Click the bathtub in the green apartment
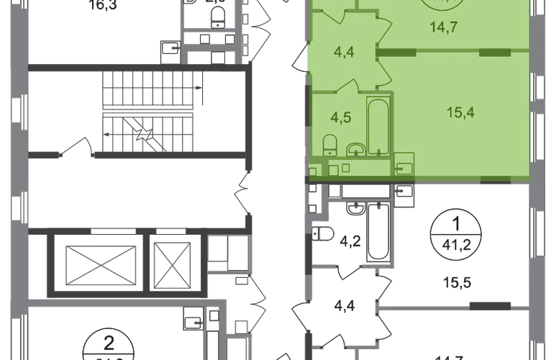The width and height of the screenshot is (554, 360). point(378,128)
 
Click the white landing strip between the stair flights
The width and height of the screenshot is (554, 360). point(147,110)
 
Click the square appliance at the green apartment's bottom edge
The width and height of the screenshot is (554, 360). point(404,165)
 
